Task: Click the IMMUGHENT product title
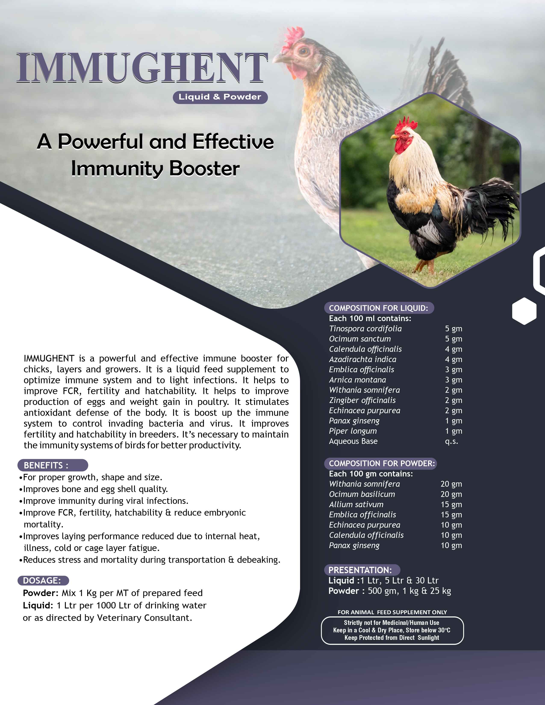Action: (142, 68)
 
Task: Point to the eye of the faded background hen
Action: (303, 51)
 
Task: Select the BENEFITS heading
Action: (53, 465)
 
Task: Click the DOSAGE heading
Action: (43, 580)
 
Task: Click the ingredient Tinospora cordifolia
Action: (365, 329)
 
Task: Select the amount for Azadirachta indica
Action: (454, 359)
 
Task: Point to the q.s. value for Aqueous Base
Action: (451, 441)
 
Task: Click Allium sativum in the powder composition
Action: (356, 504)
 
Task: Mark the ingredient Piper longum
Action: (353, 431)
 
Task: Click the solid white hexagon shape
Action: (524, 311)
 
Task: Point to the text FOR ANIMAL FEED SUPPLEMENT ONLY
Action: (392, 612)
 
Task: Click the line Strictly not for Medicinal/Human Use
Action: (392, 623)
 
